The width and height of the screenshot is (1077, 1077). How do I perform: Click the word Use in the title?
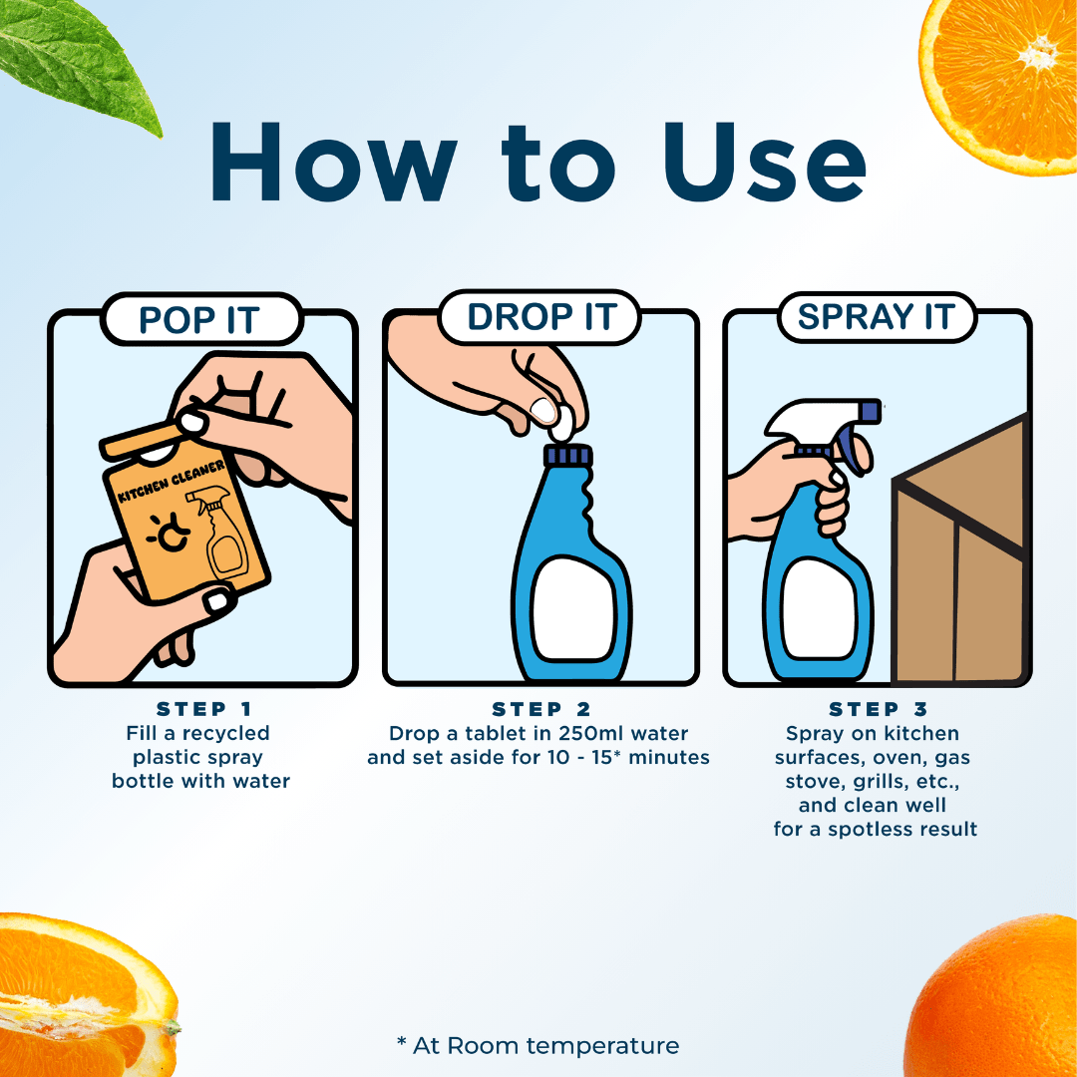pos(763,163)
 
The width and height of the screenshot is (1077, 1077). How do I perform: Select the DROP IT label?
pos(540,317)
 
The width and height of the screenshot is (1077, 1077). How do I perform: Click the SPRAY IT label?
pos(877,317)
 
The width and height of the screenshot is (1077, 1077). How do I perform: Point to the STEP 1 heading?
pos(204,709)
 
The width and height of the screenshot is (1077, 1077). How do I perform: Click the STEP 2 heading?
pos(541,709)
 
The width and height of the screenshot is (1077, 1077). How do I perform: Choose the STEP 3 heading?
pos(879,709)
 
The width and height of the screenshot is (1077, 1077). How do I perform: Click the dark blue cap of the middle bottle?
pos(568,456)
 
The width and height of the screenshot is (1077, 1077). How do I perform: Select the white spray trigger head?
pos(821,419)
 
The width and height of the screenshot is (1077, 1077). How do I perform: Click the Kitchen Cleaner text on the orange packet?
pos(172,481)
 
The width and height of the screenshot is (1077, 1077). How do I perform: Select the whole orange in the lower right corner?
pos(996,999)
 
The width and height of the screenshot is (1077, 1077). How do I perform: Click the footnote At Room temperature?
pos(538,1045)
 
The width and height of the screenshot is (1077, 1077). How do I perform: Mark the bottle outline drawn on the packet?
pos(219,533)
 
